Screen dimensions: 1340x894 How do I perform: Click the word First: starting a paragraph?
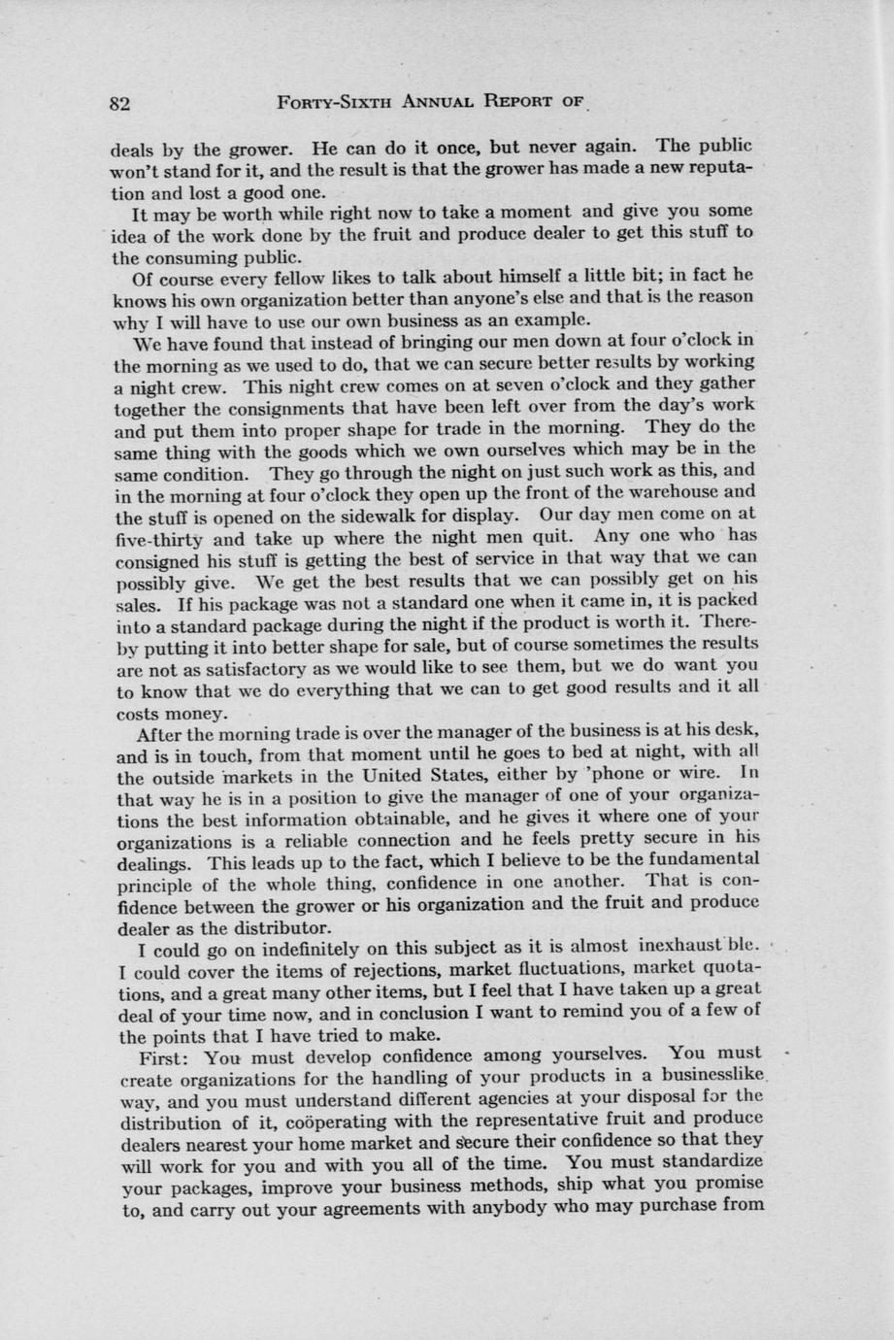click(171, 1056)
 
